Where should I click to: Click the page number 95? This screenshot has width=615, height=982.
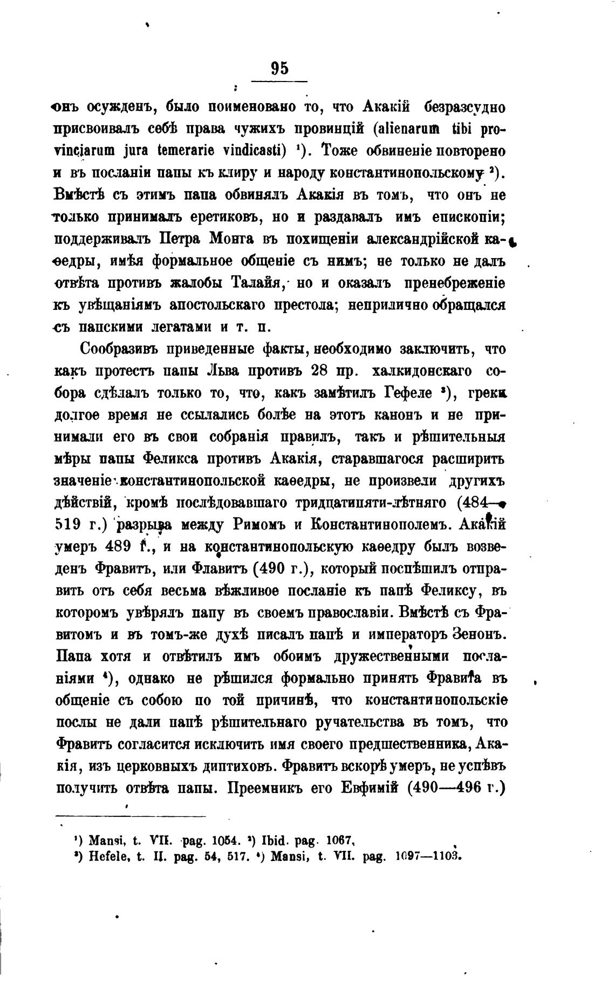pyautogui.click(x=279, y=69)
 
